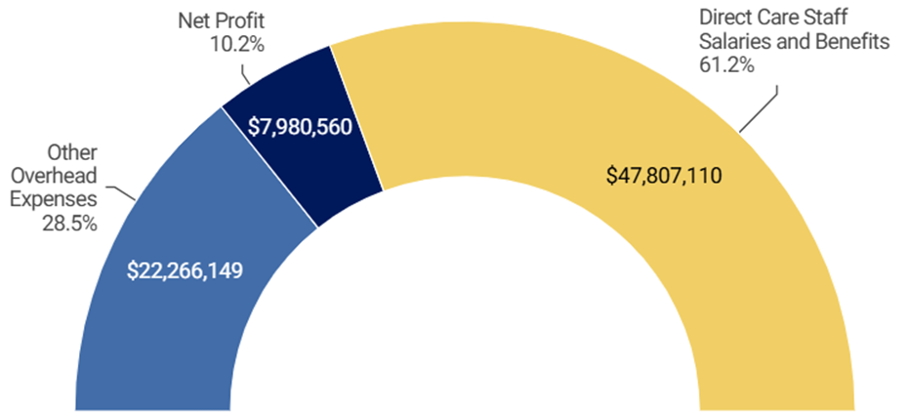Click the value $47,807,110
[665, 178]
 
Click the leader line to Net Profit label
[246, 71]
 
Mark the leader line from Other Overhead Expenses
[122, 191]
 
